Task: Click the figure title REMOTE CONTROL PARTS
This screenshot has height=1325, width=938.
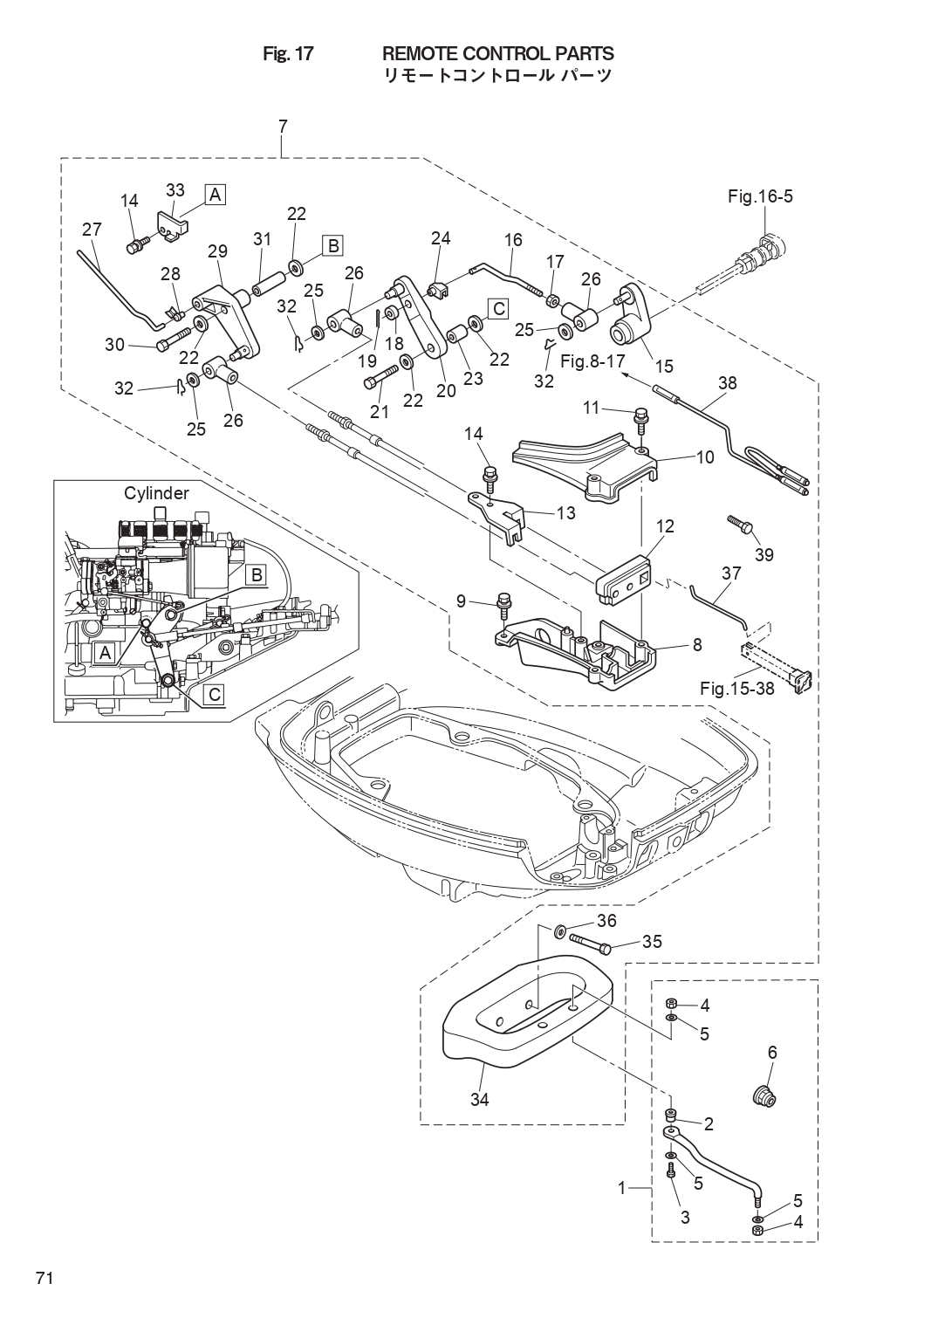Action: point(498,54)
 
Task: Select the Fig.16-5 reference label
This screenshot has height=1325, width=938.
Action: point(760,196)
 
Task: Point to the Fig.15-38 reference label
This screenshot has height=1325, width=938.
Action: point(737,689)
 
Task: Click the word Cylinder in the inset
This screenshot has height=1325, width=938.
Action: point(156,493)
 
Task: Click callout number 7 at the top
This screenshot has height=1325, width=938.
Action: point(283,127)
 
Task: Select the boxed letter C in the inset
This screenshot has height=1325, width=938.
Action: point(215,695)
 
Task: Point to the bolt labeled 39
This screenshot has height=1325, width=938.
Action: point(739,521)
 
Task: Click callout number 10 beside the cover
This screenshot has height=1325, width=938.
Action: point(706,457)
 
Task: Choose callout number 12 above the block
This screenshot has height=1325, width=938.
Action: point(666,525)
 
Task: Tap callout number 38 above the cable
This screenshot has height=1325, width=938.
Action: point(728,383)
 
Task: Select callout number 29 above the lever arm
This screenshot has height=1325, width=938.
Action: point(217,251)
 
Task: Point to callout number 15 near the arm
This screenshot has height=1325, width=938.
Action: point(665,366)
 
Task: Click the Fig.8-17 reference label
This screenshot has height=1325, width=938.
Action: point(592,360)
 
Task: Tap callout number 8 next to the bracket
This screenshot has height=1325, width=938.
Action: point(697,645)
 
